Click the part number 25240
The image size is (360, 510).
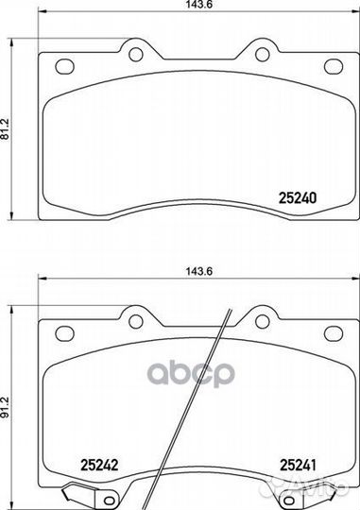pyautogui.click(x=298, y=197)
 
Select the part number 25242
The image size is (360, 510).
pyautogui.click(x=99, y=465)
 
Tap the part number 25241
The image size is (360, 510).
pyautogui.click(x=298, y=465)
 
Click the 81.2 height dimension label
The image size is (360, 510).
pyautogui.click(x=6, y=129)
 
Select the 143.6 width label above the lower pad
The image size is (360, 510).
pyautogui.click(x=199, y=271)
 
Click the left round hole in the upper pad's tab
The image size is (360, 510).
pyautogui.click(x=136, y=55)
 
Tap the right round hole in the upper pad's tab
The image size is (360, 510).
pyautogui.click(x=263, y=55)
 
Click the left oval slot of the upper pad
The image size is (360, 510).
pyautogui.click(x=65, y=66)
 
